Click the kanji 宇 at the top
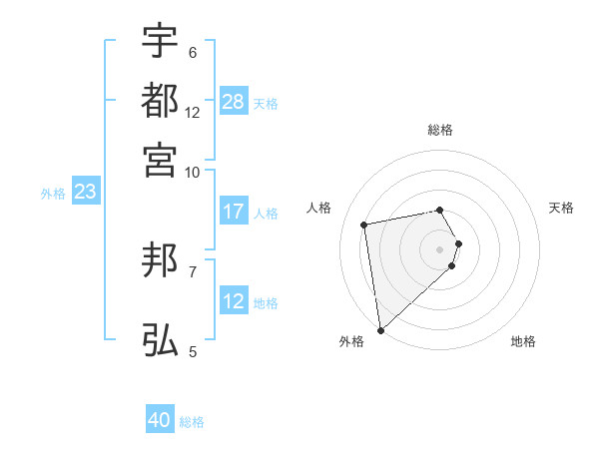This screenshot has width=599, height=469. click(x=160, y=41)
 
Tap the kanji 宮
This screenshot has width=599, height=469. click(x=160, y=161)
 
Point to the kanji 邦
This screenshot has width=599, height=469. click(x=160, y=260)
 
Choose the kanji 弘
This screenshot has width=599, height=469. click(x=160, y=340)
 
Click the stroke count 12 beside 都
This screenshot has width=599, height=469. click(x=193, y=113)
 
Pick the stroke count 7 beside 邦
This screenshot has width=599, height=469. click(x=193, y=270)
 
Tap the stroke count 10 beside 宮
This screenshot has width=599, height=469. click(x=193, y=172)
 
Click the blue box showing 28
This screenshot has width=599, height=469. click(x=234, y=101)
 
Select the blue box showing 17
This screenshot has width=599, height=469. click(x=234, y=212)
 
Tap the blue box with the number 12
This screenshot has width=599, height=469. click(x=234, y=300)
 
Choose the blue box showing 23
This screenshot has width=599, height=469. click(x=85, y=192)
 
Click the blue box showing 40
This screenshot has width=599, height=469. click(x=160, y=420)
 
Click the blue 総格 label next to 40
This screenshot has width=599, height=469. click(x=192, y=422)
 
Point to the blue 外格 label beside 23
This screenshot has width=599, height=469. click(x=53, y=194)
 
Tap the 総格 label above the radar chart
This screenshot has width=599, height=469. click(x=440, y=131)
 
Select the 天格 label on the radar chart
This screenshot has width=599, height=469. click(x=561, y=208)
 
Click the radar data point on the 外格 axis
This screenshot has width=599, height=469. click(x=380, y=329)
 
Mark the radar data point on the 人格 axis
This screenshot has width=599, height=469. click(x=364, y=224)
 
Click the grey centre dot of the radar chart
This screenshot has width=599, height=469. click(x=440, y=248)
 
